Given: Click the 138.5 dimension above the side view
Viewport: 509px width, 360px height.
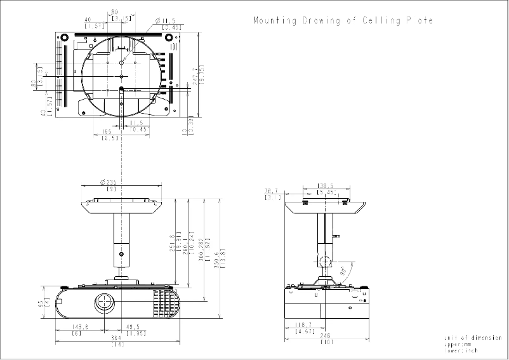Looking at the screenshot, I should click(326, 185).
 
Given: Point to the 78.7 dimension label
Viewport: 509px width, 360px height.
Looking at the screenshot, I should click(272, 190).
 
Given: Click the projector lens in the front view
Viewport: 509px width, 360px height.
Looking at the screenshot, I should click(104, 303).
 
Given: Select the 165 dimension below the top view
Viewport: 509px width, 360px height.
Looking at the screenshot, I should click(107, 132).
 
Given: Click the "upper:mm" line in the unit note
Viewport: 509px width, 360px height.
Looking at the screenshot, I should click(458, 343).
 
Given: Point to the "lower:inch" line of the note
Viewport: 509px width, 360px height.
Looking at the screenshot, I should click(459, 349).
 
